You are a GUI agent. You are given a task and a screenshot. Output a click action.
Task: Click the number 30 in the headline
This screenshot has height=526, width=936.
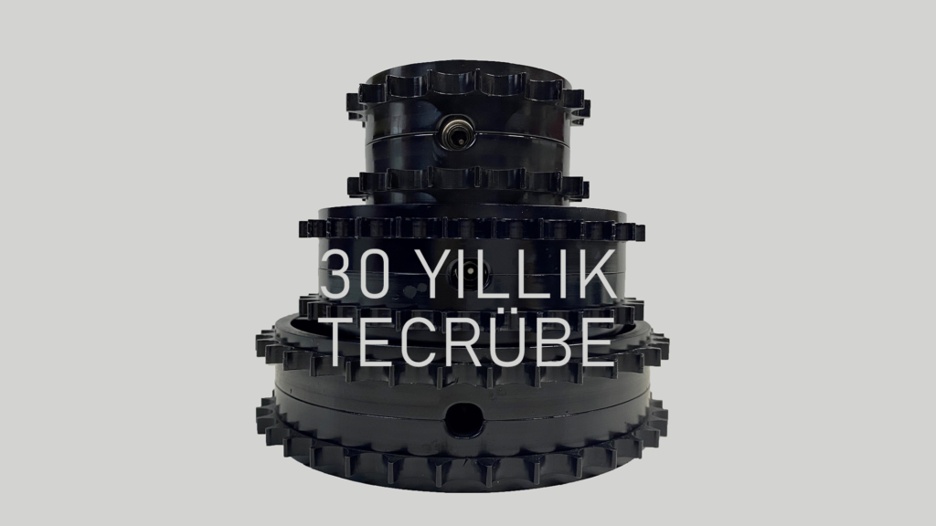coord(356,274)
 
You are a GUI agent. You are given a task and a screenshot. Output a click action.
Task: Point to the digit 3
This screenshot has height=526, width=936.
coord(336,274)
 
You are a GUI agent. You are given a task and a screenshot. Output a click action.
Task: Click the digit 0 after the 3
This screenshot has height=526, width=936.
coord(375,274)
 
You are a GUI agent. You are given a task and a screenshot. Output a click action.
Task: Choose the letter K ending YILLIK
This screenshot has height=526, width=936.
coord(599,274)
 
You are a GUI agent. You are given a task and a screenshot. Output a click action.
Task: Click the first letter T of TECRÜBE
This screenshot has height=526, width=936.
coord(345,342)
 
